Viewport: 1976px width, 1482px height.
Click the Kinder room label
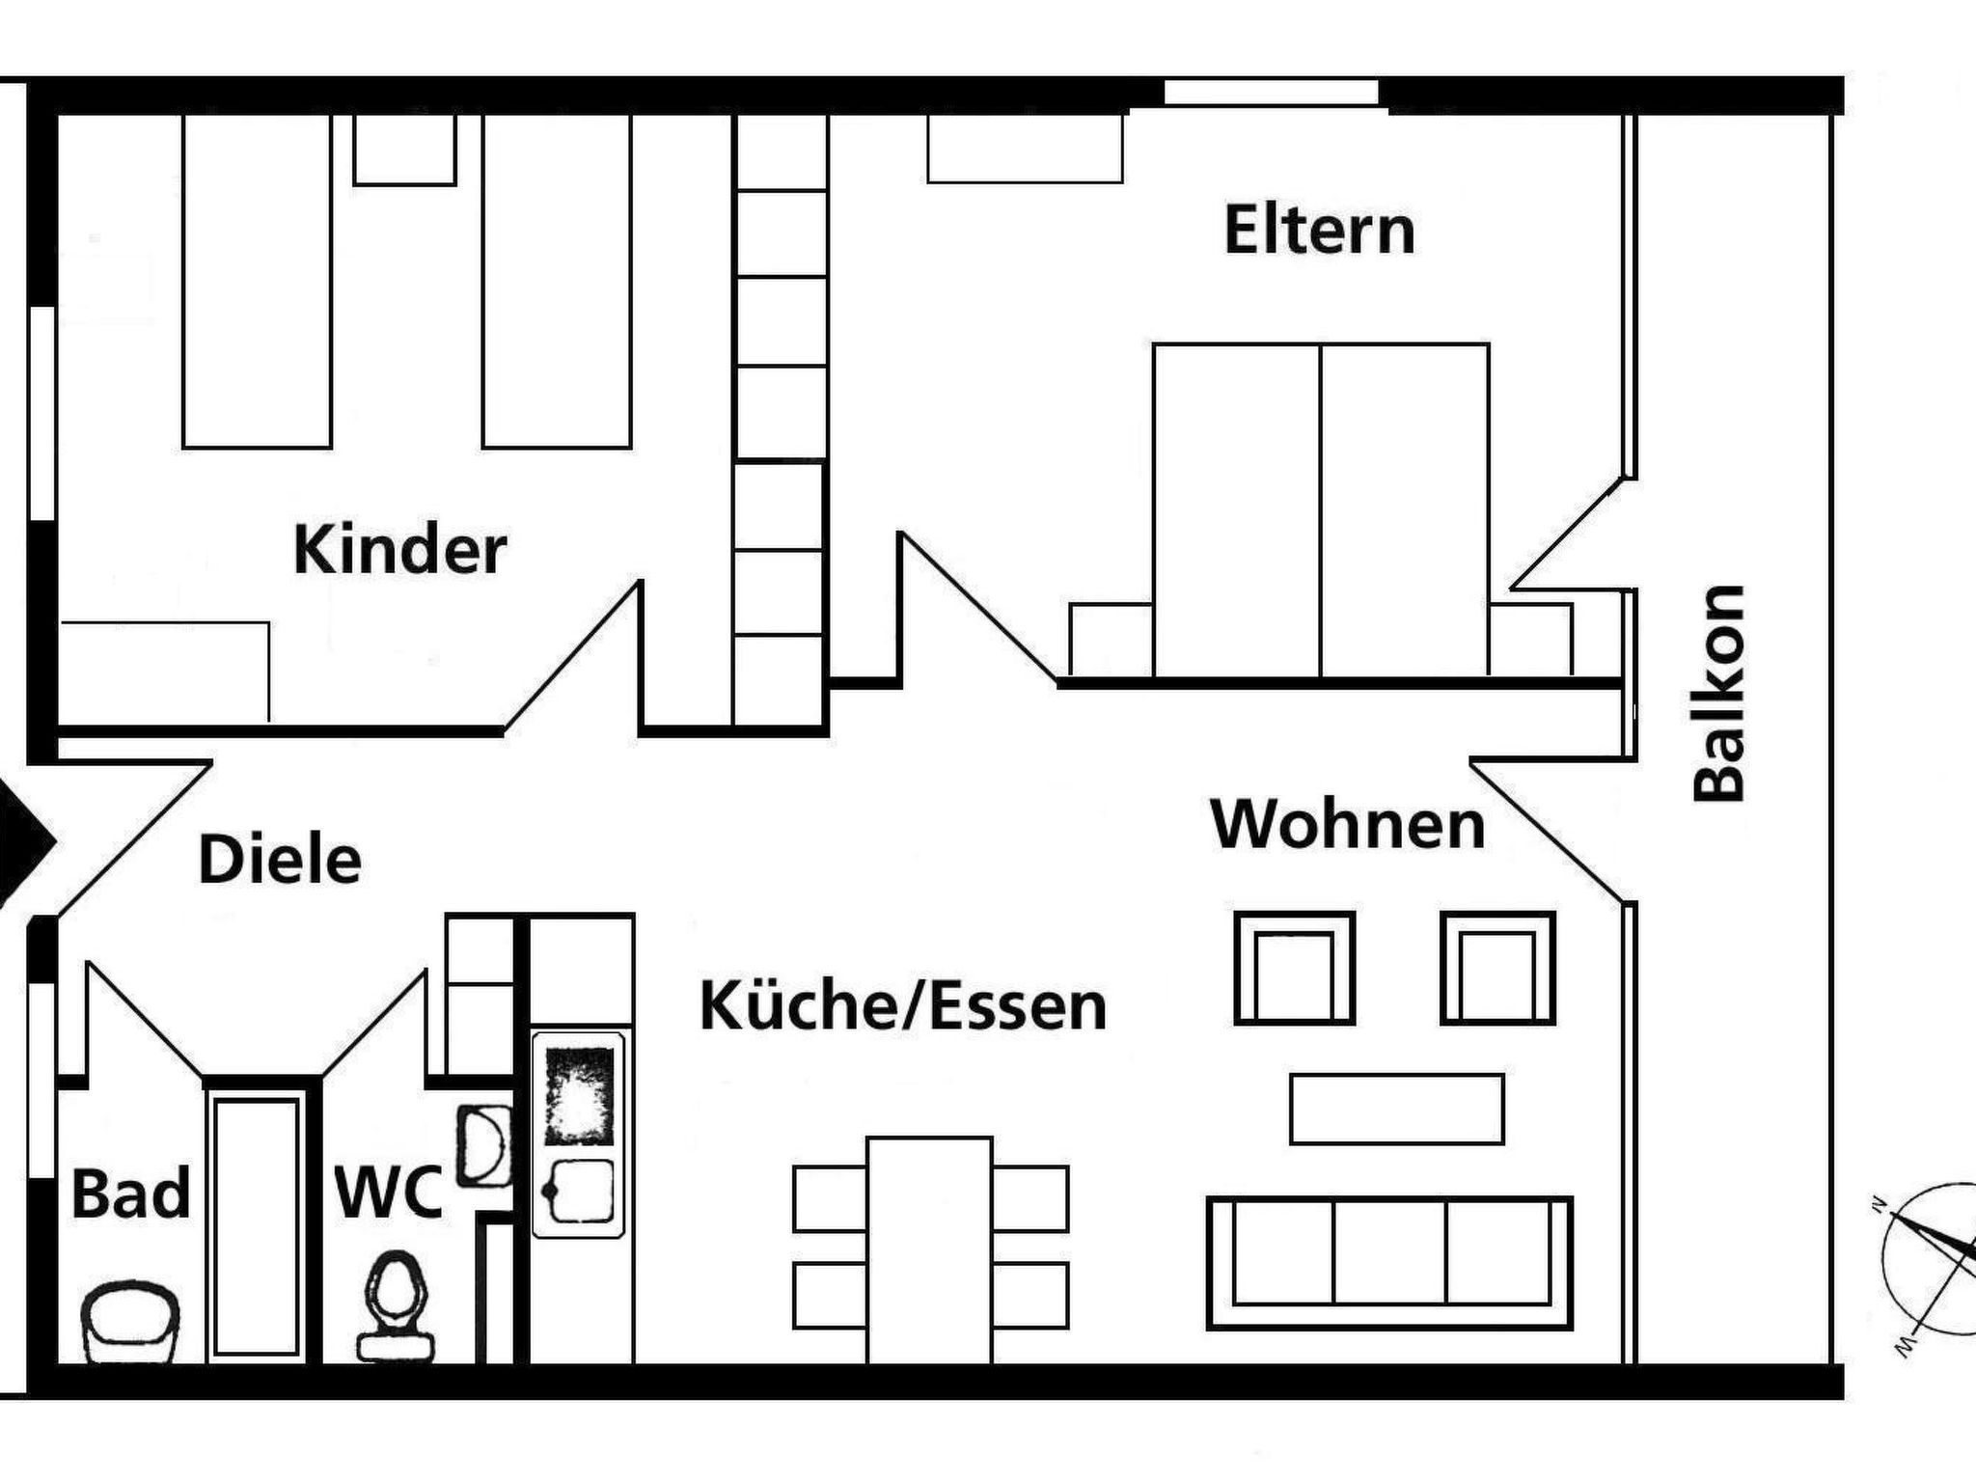tap(399, 550)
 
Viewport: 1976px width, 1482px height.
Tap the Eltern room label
tap(1319, 230)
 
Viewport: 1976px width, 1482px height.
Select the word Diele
tap(280, 860)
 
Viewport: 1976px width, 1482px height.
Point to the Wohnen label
tap(1348, 825)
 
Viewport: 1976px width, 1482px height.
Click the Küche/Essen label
tap(903, 1005)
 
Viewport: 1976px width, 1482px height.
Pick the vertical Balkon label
tap(1719, 693)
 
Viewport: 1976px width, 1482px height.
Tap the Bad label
tap(130, 1194)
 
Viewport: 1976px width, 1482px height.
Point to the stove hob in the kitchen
tap(579, 1096)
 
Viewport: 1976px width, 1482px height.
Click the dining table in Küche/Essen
tap(929, 1249)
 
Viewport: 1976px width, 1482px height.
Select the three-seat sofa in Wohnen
tap(1390, 1263)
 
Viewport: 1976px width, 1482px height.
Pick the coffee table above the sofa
tap(1397, 1109)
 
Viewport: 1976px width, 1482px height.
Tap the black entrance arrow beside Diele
tap(24, 841)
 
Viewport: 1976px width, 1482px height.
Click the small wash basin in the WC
tap(482, 1146)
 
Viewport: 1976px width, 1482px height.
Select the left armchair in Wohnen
tap(1295, 968)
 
